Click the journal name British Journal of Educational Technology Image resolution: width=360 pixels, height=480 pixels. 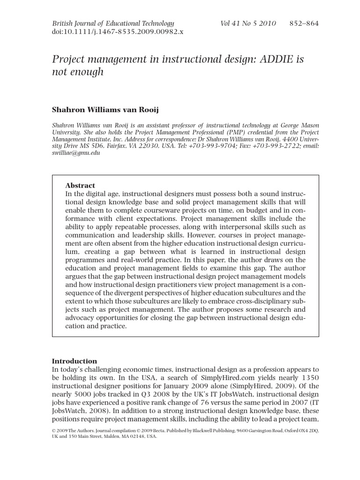click(x=113, y=23)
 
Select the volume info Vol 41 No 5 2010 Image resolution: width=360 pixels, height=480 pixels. click(x=248, y=23)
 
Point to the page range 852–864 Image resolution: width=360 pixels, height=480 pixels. click(x=305, y=23)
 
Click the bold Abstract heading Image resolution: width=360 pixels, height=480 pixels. click(x=80, y=185)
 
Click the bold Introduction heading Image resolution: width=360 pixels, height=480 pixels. click(x=74, y=361)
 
